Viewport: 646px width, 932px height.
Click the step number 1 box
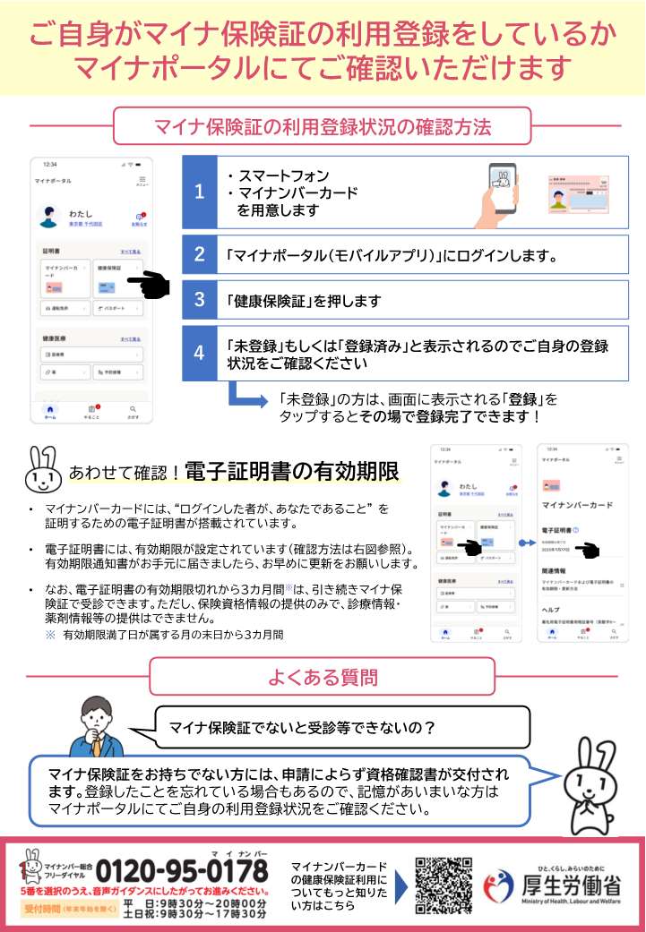pyautogui.click(x=200, y=192)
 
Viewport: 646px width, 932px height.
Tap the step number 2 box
pyautogui.click(x=200, y=254)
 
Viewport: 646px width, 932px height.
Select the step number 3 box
pyautogui.click(x=200, y=300)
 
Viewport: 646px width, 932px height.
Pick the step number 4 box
pyautogui.click(x=200, y=351)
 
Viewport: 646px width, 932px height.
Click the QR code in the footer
pyautogui.click(x=444, y=887)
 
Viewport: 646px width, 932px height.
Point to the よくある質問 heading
pyautogui.click(x=322, y=677)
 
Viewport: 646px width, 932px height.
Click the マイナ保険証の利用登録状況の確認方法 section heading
pyautogui.click(x=322, y=125)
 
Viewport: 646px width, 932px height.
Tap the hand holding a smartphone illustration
pyautogui.click(x=504, y=193)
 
